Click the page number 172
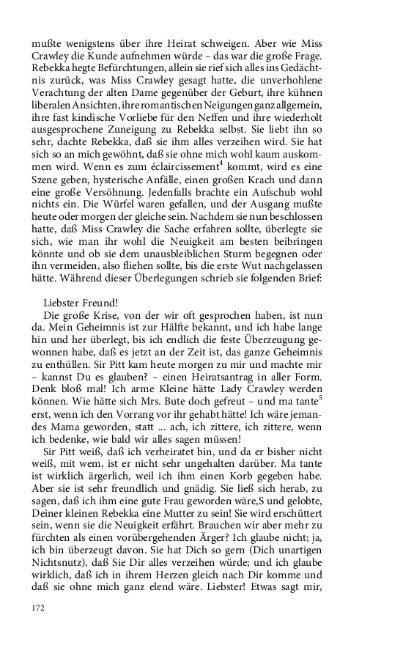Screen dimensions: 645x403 38,607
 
